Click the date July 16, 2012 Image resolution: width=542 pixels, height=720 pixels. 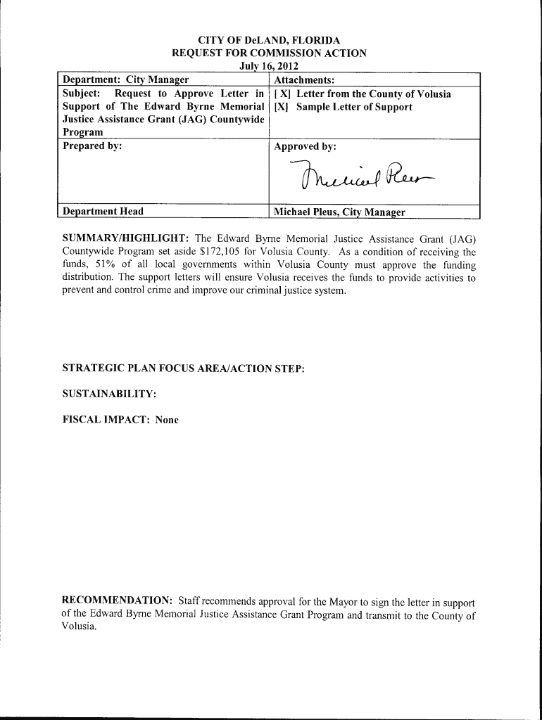(270, 66)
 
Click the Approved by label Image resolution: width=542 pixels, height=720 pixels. (305, 146)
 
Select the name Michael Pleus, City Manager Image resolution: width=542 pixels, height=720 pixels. (339, 212)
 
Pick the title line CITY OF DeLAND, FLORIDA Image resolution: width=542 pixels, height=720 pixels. (270, 41)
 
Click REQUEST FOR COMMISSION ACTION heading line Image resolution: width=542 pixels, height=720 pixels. (270, 53)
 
